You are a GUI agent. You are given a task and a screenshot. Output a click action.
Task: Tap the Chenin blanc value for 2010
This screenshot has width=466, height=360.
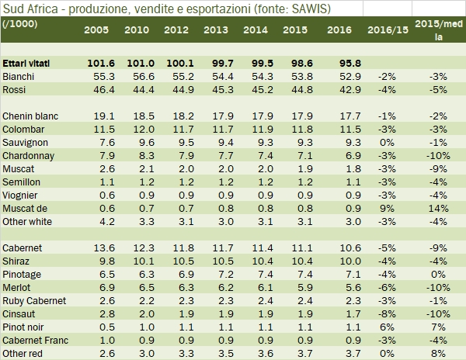144,116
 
